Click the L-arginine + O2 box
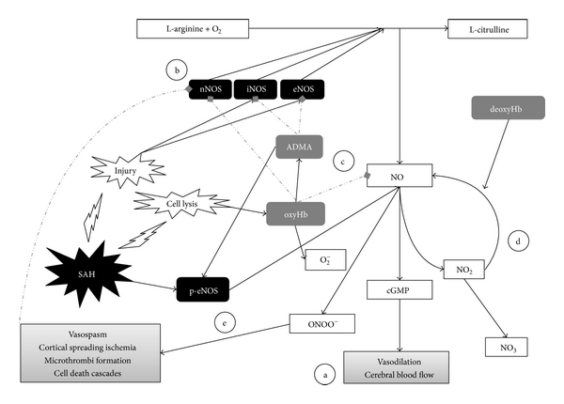click(x=194, y=30)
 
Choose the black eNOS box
click(x=305, y=89)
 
